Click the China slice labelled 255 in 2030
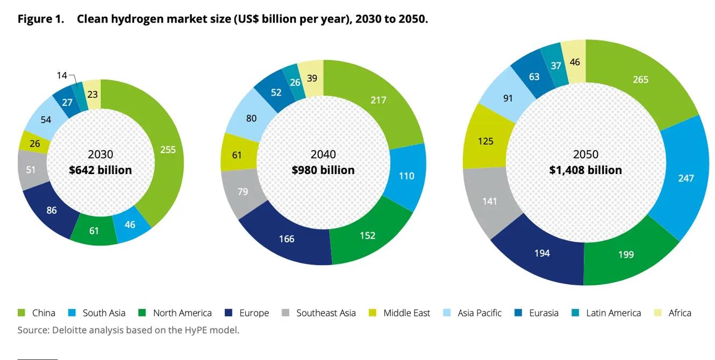click(x=168, y=150)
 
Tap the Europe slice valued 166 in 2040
click(x=287, y=239)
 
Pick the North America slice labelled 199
click(x=626, y=254)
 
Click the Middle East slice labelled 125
click(x=485, y=141)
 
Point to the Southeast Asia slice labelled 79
click(x=243, y=191)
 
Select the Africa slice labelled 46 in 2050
click(x=575, y=62)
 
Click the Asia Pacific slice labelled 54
click(x=46, y=120)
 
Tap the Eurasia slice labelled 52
click(x=276, y=92)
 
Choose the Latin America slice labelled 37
click(x=556, y=66)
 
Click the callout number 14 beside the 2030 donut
click(x=62, y=76)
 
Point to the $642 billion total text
click(x=101, y=170)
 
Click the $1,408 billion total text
click(x=585, y=170)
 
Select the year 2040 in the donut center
click(x=323, y=155)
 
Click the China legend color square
click(x=22, y=313)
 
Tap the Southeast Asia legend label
click(x=326, y=313)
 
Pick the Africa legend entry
click(x=680, y=313)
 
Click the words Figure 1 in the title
click(x=41, y=19)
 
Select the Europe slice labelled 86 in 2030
click(x=52, y=210)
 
